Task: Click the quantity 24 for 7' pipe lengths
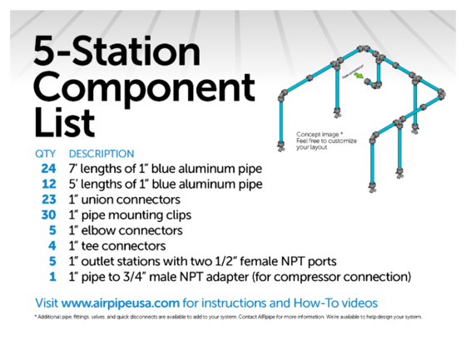tap(45, 169)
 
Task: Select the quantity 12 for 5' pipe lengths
tap(45, 184)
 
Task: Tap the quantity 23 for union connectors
tap(45, 200)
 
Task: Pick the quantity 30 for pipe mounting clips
tap(45, 215)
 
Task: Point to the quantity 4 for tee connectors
tap(51, 245)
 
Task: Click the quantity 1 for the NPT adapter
tap(52, 276)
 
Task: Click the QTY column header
tap(44, 154)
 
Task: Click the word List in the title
tap(63, 122)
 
